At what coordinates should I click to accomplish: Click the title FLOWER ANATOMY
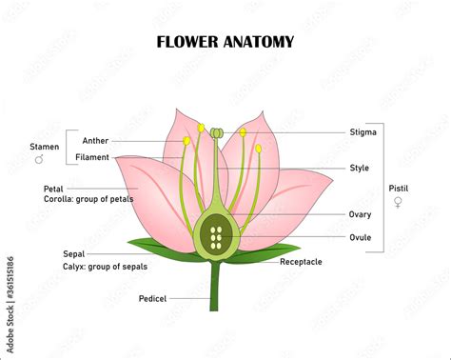(x=225, y=42)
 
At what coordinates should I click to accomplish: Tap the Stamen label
(x=43, y=148)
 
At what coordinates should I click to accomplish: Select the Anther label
(x=95, y=141)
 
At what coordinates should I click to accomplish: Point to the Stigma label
(x=363, y=132)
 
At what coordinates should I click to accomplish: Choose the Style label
(x=359, y=169)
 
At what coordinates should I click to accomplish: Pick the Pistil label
(x=399, y=189)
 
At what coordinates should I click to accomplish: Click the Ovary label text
(x=361, y=214)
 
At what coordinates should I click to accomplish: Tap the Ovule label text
(x=360, y=237)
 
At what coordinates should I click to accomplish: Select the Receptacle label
(x=301, y=261)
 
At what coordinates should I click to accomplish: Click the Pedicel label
(x=152, y=298)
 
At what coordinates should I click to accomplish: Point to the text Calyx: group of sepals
(x=100, y=267)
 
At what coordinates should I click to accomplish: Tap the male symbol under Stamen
(x=39, y=160)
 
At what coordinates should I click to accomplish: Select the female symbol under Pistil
(x=398, y=202)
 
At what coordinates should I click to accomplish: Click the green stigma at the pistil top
(x=217, y=131)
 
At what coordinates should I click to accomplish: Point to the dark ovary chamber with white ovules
(x=216, y=237)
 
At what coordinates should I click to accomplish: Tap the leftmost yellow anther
(x=187, y=141)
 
